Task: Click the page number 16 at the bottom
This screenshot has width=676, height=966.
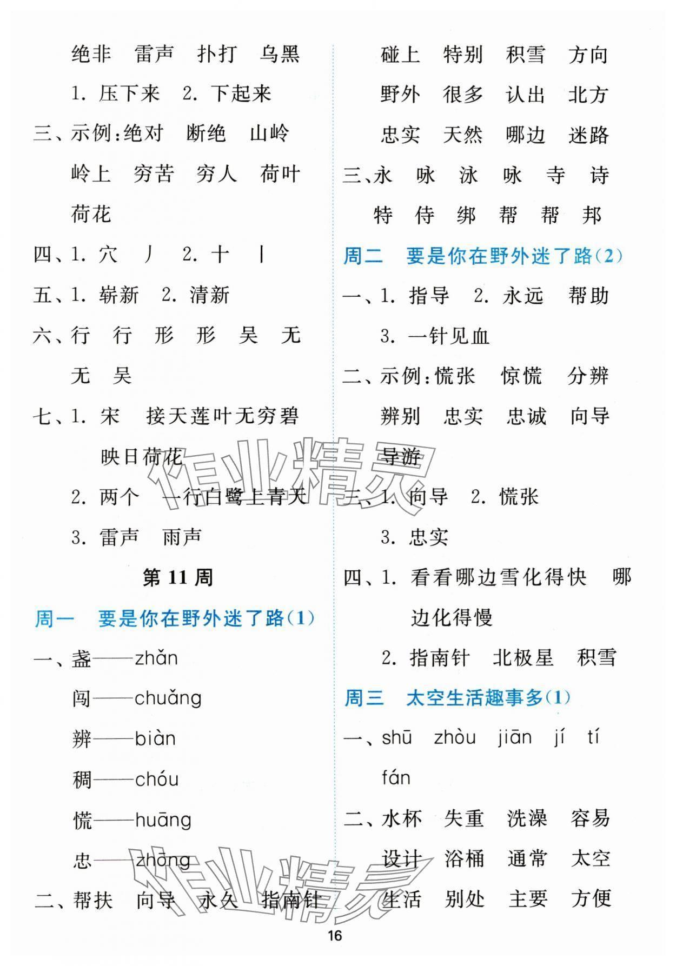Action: (x=335, y=936)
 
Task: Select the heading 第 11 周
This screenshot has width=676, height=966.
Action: (x=177, y=577)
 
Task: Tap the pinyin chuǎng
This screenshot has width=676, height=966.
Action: (x=168, y=698)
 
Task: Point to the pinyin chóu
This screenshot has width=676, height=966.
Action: (x=156, y=780)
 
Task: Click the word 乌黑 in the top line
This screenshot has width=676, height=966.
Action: (x=279, y=54)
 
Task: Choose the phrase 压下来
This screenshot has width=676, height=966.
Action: (x=129, y=94)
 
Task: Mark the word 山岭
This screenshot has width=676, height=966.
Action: (x=269, y=134)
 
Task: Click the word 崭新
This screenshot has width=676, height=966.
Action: (x=119, y=295)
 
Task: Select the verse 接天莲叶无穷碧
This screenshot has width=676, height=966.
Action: (x=222, y=416)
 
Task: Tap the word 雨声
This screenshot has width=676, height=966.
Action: (x=182, y=537)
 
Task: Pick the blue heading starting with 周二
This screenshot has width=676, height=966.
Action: (x=483, y=256)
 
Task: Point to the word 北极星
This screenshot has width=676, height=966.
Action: (x=523, y=657)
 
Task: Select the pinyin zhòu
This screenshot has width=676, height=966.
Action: (x=454, y=738)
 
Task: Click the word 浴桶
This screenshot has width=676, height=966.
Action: (x=464, y=858)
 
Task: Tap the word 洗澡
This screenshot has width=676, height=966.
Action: (x=527, y=818)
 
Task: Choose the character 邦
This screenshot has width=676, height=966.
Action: (x=592, y=216)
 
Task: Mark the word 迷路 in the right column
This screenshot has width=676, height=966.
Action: (x=588, y=135)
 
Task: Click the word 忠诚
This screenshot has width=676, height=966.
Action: (x=526, y=416)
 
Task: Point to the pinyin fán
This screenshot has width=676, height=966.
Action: (x=396, y=778)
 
